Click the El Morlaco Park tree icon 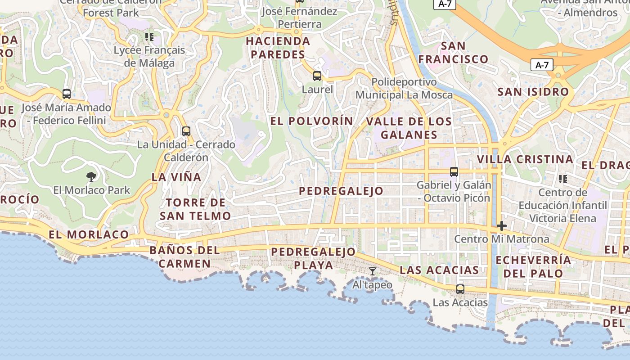(91, 176)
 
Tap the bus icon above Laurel (317, 76)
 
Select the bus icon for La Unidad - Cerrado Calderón (186, 131)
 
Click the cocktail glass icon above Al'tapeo (373, 271)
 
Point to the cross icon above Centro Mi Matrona (502, 225)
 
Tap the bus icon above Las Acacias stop (460, 289)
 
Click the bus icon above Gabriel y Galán (454, 171)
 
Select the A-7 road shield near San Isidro (542, 65)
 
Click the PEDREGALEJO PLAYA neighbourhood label (314, 258)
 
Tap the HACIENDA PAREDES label (278, 48)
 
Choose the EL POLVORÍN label (311, 121)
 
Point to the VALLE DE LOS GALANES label (409, 128)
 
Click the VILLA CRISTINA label (525, 159)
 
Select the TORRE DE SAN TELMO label (196, 209)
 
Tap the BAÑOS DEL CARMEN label (185, 256)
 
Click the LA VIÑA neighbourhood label (176, 177)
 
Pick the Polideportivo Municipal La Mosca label (404, 89)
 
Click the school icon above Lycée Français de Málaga (149, 37)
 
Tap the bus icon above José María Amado (67, 94)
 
